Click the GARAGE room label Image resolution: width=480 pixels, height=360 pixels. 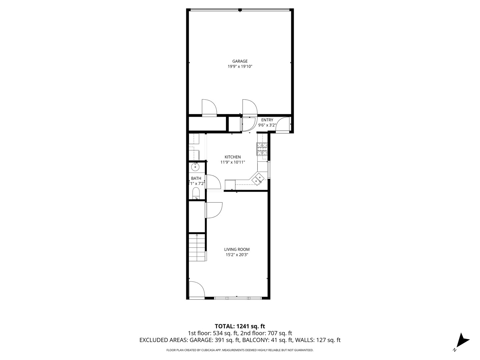(240, 61)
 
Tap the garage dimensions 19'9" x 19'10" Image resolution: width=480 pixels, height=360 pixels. (240, 67)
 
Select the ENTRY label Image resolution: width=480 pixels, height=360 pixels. (267, 120)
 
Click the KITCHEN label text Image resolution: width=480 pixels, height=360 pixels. (232, 157)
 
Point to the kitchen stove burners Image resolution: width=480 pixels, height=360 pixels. (262, 149)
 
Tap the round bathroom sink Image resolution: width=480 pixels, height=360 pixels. (195, 166)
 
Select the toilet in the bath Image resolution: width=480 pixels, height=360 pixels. (196, 193)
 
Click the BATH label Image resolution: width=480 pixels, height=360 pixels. (196, 178)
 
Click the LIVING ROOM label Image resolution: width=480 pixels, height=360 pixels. (237, 249)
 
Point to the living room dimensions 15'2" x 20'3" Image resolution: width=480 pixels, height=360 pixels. (237, 255)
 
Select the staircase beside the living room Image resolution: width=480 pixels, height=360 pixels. (197, 248)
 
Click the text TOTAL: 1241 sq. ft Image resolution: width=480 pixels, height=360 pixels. (240, 326)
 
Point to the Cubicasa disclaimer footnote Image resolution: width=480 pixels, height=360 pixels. (240, 350)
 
